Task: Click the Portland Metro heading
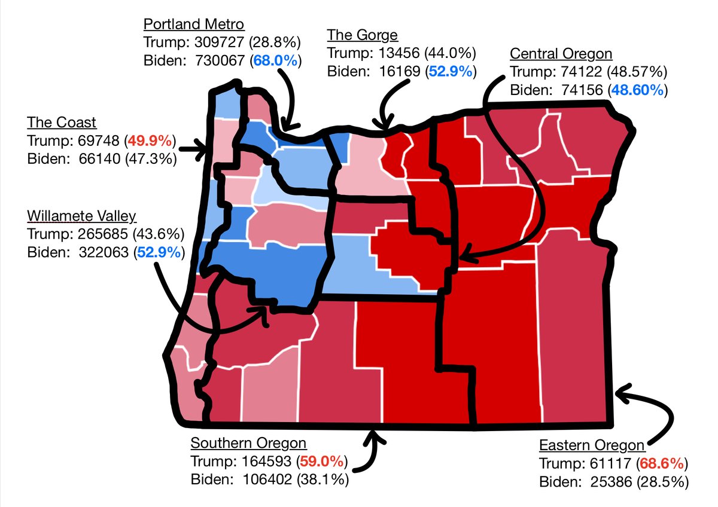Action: (194, 25)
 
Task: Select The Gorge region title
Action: (362, 35)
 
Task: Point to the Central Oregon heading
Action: (561, 54)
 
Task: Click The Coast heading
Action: (62, 123)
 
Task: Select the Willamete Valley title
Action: (82, 215)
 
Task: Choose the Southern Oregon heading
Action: (248, 443)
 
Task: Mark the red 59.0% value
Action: (323, 462)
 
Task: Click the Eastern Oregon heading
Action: (592, 445)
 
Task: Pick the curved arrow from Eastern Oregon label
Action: (652, 413)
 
